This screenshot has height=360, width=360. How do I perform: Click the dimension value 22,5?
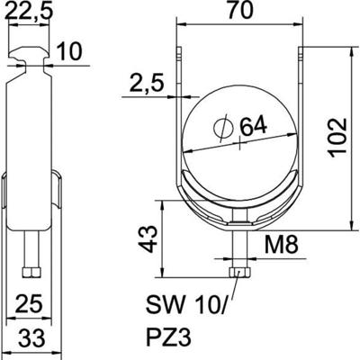[x=31, y=13]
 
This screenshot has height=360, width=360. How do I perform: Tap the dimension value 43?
[x=151, y=238]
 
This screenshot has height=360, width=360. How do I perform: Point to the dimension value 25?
[x=31, y=301]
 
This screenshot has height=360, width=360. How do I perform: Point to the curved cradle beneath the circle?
[x=238, y=200]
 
